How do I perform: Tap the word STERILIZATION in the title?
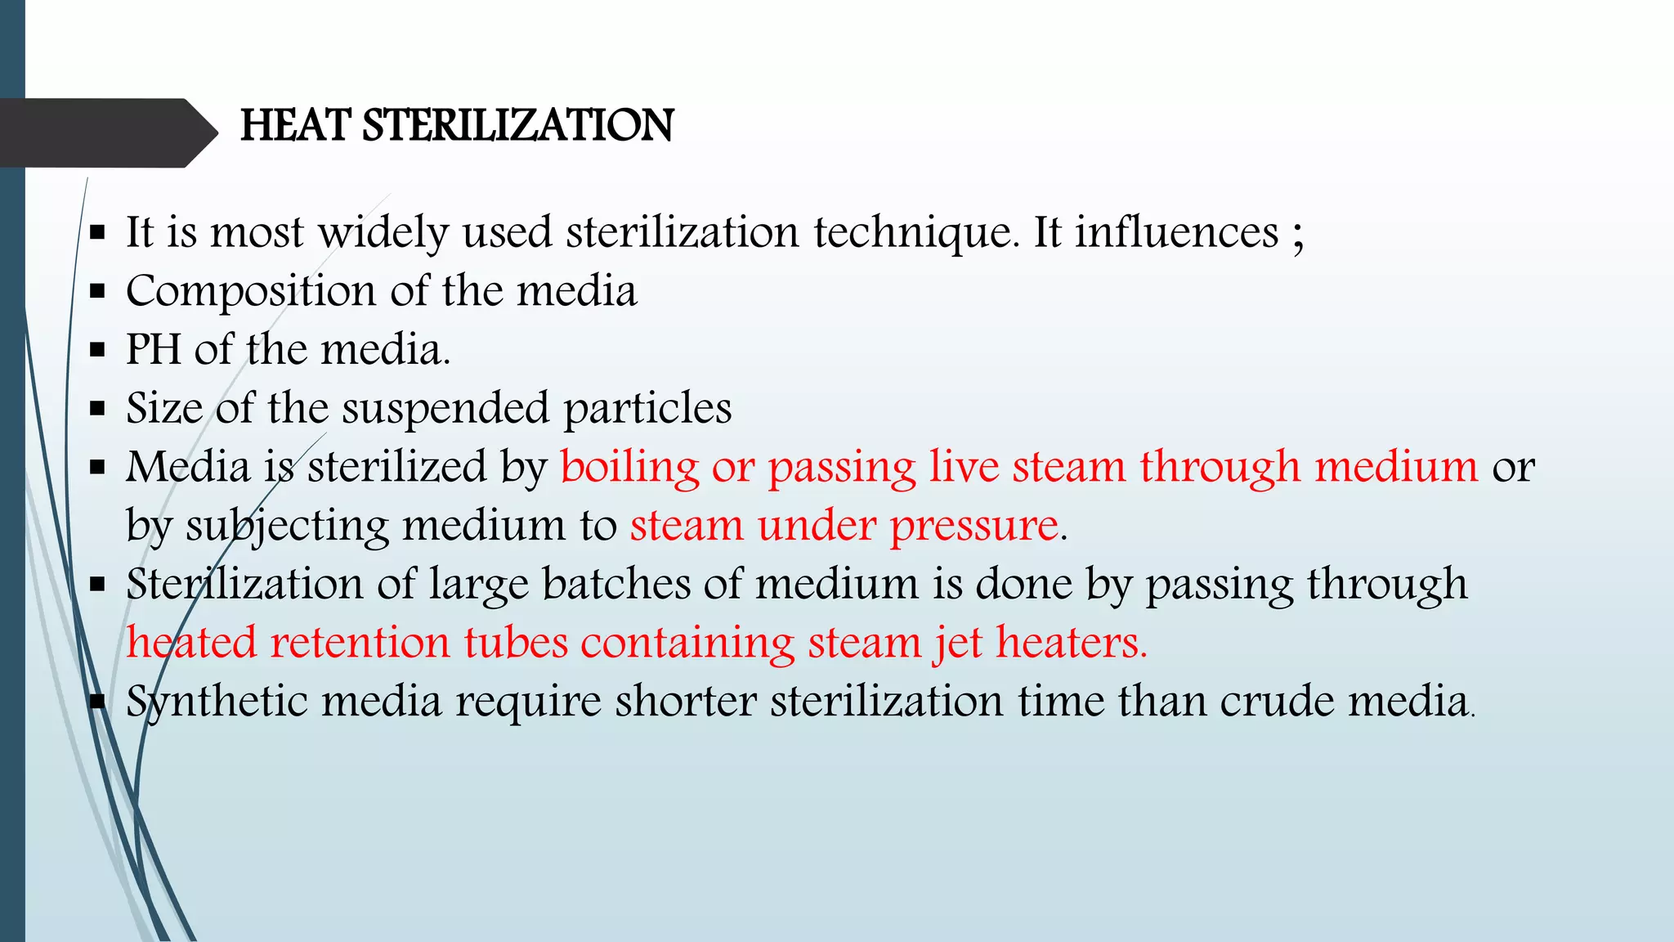click(x=517, y=126)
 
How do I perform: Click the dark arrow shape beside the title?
click(x=106, y=132)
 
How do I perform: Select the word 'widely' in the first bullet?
click(x=383, y=233)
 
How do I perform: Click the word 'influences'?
click(x=1176, y=233)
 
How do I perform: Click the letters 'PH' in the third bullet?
click(x=153, y=349)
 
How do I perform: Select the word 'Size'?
click(x=164, y=408)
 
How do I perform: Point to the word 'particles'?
click(x=647, y=408)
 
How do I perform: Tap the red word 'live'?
click(x=964, y=467)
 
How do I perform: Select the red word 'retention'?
click(x=360, y=643)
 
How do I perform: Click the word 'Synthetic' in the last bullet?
click(x=217, y=702)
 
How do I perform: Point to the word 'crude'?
click(x=1277, y=702)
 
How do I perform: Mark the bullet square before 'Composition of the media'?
click(x=98, y=292)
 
